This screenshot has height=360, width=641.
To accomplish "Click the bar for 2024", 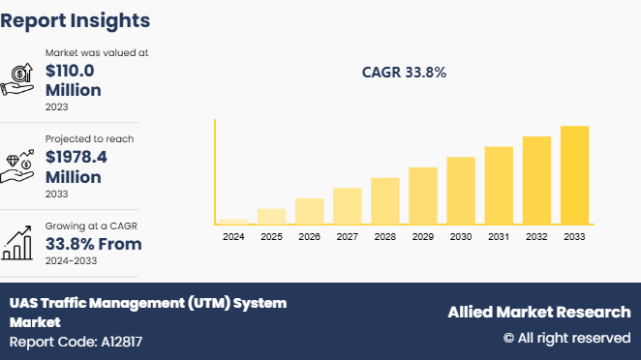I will coord(233,221).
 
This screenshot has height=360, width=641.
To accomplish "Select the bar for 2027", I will coord(347,205).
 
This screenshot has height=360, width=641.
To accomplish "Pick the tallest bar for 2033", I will coord(574,174).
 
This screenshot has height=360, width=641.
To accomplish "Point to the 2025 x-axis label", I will coord(271,236).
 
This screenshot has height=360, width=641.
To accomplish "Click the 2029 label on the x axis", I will coord(423,236).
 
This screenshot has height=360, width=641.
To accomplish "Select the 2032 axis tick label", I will coord(536,236).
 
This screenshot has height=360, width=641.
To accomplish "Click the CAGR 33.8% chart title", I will coord(404,73).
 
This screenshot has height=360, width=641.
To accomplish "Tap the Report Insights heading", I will coord(76,19).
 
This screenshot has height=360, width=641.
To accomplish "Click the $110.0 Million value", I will coord(74,80).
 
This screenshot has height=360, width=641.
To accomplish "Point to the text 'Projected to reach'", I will coord(90,138).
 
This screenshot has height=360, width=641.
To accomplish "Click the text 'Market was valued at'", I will coord(97,52).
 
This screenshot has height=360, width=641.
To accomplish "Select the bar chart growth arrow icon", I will coord(19,243).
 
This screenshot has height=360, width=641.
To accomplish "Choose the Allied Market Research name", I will coord(538,312).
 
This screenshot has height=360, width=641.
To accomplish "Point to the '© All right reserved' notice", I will coord(566,338).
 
